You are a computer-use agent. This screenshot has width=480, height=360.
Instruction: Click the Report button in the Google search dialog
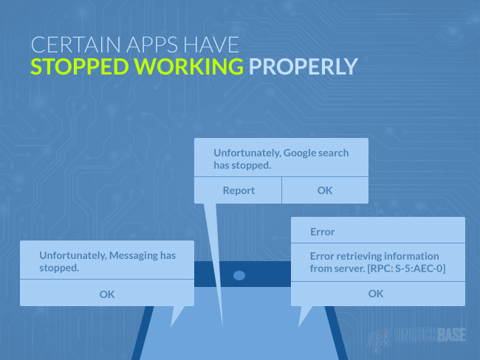(x=239, y=190)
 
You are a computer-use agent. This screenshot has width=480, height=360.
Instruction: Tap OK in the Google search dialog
(x=325, y=190)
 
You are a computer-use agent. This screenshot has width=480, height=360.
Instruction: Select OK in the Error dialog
(x=376, y=294)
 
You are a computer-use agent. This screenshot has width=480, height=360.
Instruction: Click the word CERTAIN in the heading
(x=75, y=45)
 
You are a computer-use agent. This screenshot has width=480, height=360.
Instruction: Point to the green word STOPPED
(x=80, y=66)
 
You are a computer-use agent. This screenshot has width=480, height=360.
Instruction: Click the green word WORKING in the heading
(x=188, y=66)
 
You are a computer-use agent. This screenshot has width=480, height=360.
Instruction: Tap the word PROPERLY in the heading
(x=303, y=66)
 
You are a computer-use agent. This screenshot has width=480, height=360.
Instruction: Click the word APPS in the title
(x=152, y=45)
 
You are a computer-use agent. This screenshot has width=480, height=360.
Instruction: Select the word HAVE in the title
(x=211, y=45)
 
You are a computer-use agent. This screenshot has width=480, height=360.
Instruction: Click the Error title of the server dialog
(x=323, y=232)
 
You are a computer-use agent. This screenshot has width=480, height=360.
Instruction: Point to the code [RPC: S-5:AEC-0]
(x=406, y=269)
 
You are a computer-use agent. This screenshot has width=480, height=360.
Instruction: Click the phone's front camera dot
(x=239, y=276)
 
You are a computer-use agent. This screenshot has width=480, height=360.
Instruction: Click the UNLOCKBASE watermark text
(x=430, y=335)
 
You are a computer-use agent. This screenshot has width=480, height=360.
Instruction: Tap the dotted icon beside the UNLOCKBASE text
(x=379, y=340)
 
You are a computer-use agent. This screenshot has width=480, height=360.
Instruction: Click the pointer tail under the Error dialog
(x=304, y=315)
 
